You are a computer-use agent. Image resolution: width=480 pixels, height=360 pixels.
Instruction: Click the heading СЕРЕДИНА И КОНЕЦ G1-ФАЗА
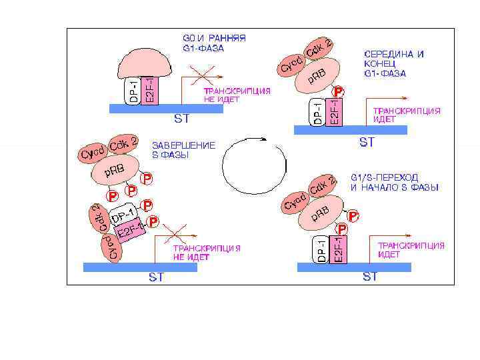[x=394, y=63]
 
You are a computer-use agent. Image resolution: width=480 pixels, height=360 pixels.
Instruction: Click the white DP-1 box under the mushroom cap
[x=133, y=91]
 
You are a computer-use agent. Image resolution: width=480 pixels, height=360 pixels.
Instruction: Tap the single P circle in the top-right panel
[x=339, y=91]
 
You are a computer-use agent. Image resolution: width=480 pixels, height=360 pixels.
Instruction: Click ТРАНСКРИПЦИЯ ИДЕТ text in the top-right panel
[x=406, y=115]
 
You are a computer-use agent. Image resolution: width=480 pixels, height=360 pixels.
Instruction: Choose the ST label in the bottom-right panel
[x=370, y=276]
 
